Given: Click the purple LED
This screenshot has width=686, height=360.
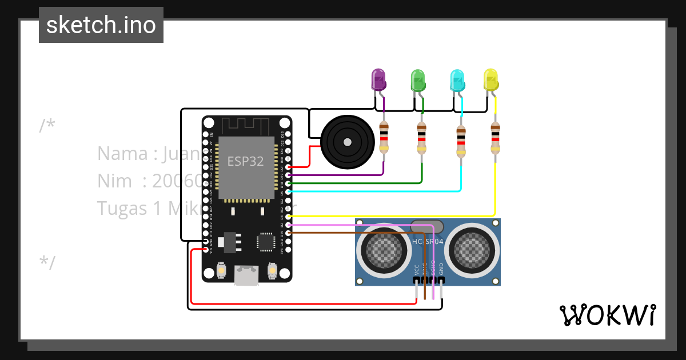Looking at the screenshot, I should coord(378,79).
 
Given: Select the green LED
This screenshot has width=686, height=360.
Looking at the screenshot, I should coord(418,80).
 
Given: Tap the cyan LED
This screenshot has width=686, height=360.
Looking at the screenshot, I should coord(457,80).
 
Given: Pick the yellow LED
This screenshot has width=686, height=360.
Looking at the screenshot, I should coord(490,79).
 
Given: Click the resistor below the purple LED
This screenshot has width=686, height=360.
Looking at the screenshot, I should coord(384,138).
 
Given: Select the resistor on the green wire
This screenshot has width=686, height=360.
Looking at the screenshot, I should coord(421,138).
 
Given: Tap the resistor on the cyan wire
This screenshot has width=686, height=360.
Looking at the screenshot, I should coord(461,141).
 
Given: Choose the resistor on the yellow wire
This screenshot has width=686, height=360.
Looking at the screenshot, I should coord(495,138).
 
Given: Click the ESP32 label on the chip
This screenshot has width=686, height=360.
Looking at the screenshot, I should coord(246,161).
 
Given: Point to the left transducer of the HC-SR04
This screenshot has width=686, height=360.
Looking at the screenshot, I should coord(379,247).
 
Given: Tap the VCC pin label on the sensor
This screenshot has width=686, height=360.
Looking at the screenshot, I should coord(416,270).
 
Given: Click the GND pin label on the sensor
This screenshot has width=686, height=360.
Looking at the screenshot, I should coord(441,270).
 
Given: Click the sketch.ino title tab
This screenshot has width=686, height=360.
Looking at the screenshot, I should coord(101,25).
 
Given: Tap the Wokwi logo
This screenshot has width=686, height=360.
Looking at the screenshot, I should coord(607,315).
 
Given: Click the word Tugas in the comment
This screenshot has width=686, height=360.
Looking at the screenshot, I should coord(122,208).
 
